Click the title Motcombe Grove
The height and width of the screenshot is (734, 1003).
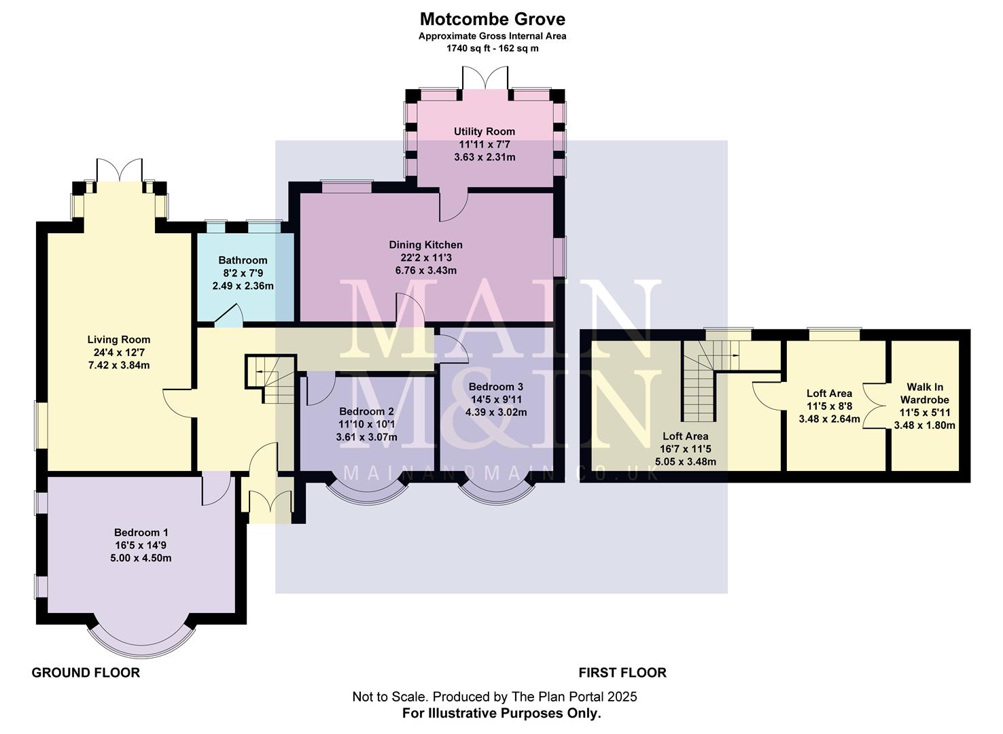(492, 18)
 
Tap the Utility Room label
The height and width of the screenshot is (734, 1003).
(485, 131)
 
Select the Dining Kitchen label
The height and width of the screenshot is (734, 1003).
(425, 245)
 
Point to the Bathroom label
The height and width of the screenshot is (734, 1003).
(243, 260)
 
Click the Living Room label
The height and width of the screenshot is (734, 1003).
(118, 339)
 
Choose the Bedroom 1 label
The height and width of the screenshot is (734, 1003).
(141, 532)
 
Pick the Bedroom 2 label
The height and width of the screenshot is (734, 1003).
(366, 411)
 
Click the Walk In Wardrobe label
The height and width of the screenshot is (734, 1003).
(924, 394)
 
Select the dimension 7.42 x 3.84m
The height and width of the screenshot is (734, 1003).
(118, 365)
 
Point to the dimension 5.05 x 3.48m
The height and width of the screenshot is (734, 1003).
(686, 461)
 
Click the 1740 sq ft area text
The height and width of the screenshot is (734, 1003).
(492, 48)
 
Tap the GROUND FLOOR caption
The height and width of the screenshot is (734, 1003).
(86, 673)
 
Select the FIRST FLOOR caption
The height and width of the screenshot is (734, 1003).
(622, 673)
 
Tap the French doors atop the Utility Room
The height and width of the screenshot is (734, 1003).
(485, 78)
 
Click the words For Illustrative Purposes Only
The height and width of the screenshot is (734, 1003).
(501, 714)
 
